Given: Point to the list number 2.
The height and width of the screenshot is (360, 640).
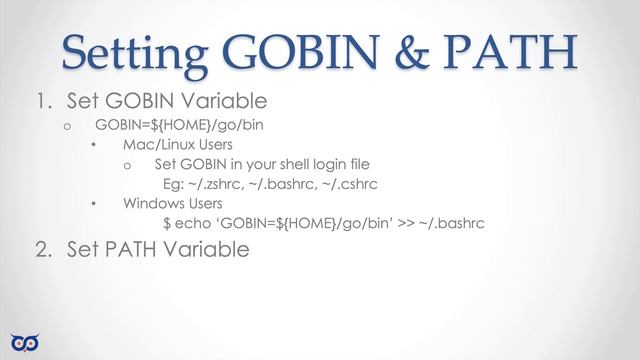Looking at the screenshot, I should click(x=40, y=249).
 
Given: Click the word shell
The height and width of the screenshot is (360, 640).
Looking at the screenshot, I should click(x=305, y=165).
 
